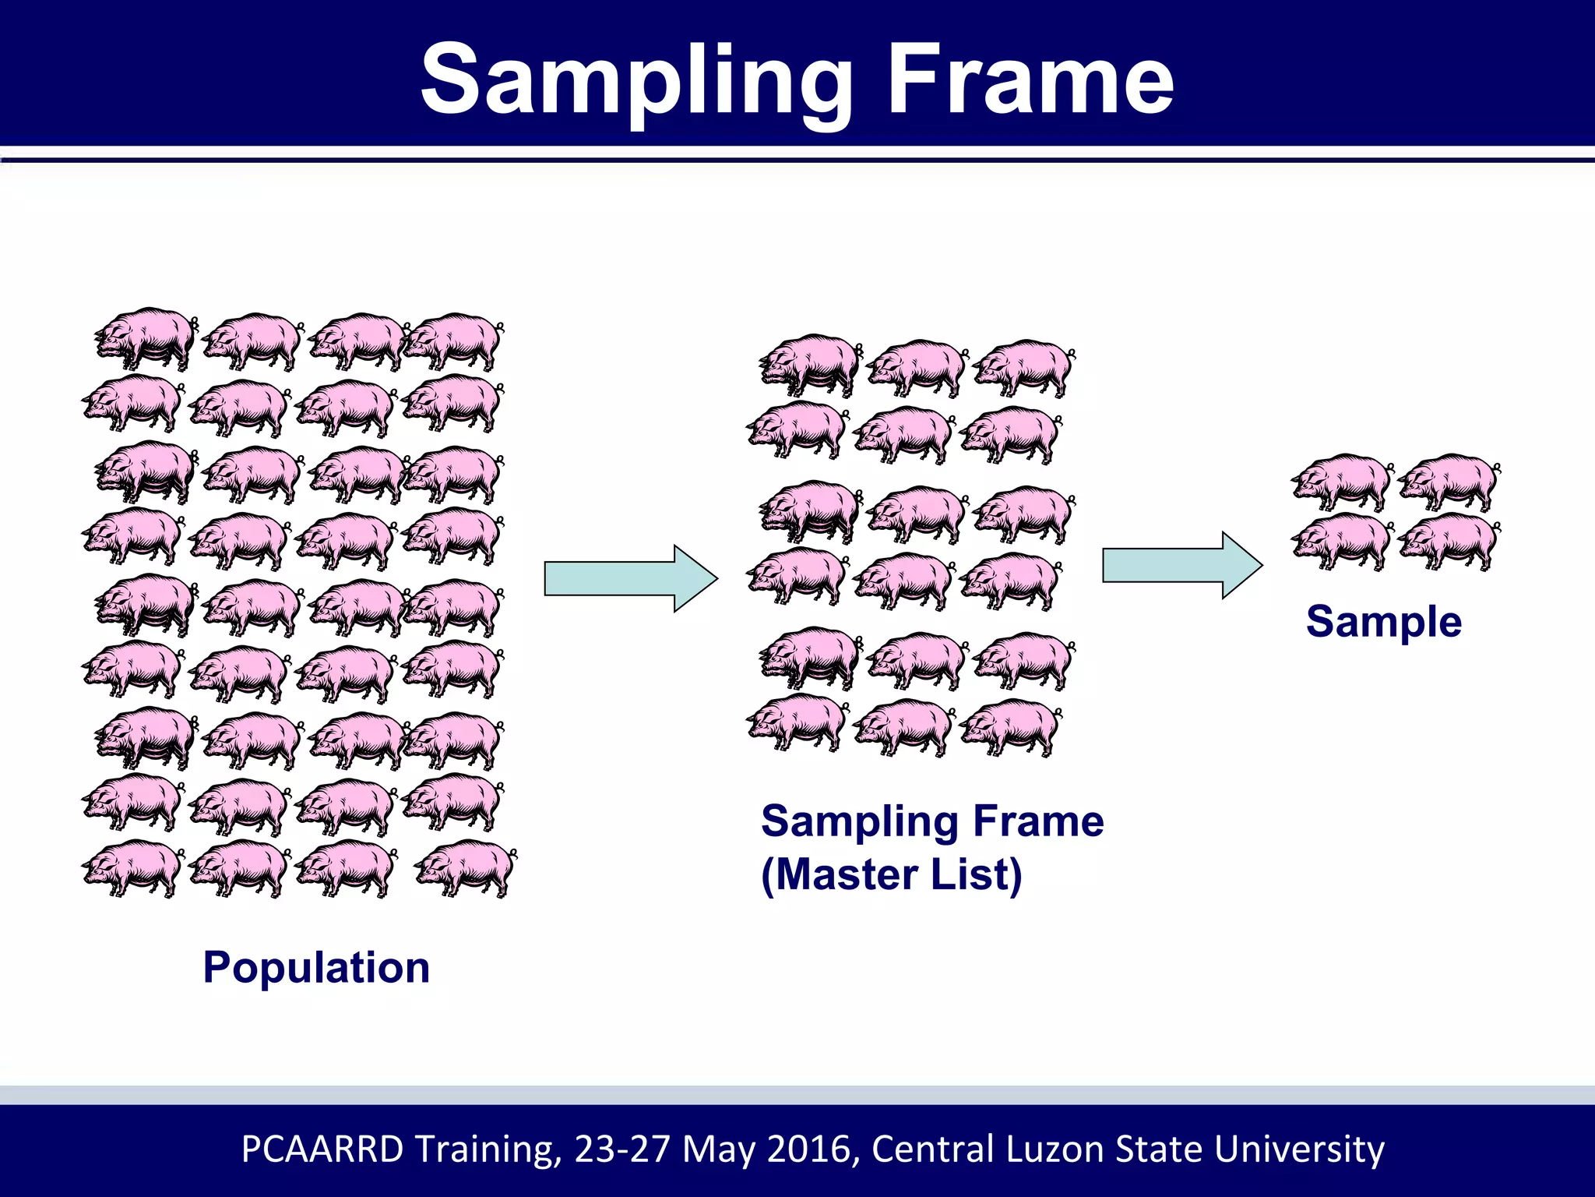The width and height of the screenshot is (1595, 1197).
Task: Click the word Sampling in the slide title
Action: tap(636, 81)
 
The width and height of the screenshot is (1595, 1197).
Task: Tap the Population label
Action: tap(316, 968)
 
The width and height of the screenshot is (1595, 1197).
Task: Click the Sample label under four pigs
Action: tap(1384, 622)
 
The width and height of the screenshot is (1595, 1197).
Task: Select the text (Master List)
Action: tap(891, 874)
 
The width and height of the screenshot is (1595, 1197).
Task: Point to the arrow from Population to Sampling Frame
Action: tap(630, 578)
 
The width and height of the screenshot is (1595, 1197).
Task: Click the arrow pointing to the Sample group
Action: tap(1181, 565)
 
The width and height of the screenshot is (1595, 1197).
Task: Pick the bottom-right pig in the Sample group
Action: tap(1449, 541)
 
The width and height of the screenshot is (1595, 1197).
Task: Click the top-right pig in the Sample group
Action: tap(1449, 481)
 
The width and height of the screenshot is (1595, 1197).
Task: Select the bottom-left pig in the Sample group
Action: tap(1341, 541)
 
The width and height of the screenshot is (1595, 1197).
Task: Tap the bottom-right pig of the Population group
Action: tap(465, 868)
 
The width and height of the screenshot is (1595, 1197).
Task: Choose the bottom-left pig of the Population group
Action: tap(132, 868)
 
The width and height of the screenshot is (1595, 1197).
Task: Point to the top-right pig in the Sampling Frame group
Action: tap(1023, 368)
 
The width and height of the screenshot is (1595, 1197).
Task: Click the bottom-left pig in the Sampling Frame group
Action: tap(797, 724)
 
